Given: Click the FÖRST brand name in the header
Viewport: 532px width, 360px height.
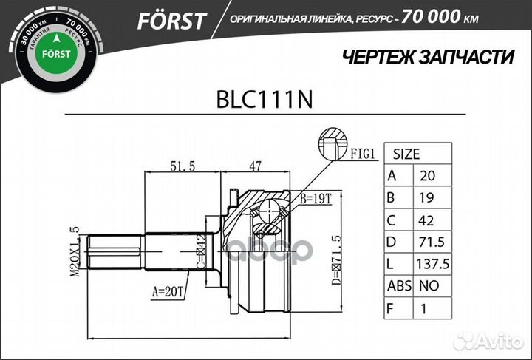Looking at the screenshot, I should click(x=171, y=20).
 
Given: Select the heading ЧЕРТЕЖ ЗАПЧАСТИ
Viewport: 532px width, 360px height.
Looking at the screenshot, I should click(x=418, y=57).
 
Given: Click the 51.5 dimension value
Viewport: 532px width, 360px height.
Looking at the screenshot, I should click(x=182, y=166).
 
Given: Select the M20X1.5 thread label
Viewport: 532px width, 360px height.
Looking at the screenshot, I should click(x=75, y=252).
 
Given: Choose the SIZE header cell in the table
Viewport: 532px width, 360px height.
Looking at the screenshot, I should click(x=406, y=154).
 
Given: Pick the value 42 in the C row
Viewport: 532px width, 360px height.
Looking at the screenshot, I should click(x=426, y=220).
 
